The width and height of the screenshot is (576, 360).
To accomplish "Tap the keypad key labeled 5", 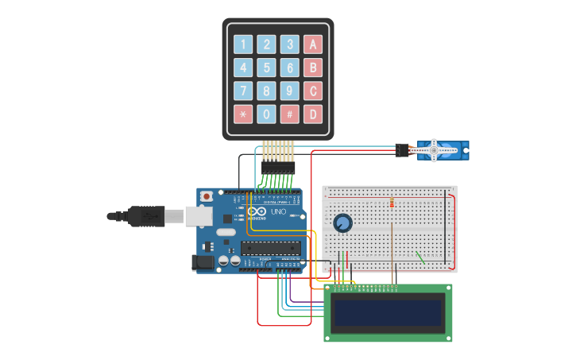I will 267,68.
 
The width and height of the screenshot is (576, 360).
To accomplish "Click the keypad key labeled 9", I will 290,91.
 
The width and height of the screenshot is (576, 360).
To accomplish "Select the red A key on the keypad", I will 313,45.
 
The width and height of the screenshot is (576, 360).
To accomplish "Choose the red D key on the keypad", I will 313,114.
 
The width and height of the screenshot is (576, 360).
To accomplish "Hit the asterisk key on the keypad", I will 243,114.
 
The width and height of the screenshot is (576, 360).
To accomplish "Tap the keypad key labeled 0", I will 267,114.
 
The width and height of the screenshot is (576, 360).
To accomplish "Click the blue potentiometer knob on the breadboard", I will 342,223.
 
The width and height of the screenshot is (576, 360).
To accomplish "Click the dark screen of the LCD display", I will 388,312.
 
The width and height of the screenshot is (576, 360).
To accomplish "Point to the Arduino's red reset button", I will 207,195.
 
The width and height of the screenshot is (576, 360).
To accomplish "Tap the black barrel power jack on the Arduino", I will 204,261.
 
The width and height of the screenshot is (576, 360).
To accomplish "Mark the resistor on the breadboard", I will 392,202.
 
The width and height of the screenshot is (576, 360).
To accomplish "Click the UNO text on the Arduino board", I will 278,212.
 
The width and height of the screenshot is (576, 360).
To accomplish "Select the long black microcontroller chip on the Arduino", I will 270,247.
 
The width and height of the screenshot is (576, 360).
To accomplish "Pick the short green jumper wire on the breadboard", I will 420,257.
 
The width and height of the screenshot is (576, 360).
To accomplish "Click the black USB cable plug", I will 146,215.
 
